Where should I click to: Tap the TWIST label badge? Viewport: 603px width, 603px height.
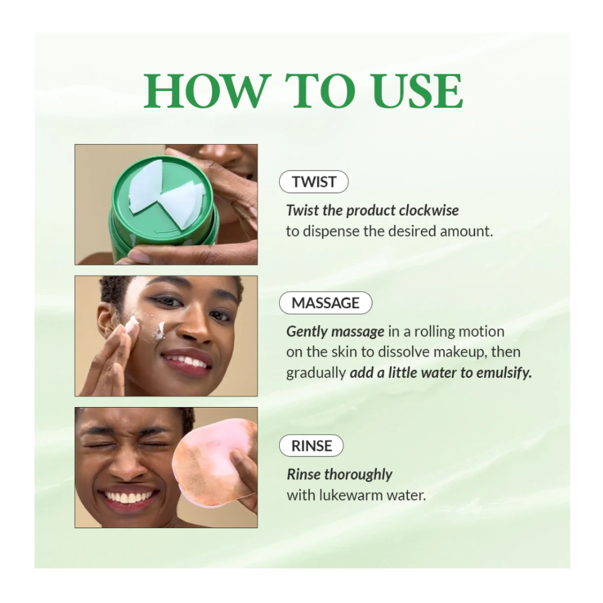coord(314,182)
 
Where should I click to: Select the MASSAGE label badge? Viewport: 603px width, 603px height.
coord(326,303)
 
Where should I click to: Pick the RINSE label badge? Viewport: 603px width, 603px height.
coord(311,446)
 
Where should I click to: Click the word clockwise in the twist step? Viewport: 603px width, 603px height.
coord(428,210)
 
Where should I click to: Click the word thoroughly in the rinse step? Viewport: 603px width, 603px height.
coord(358,475)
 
